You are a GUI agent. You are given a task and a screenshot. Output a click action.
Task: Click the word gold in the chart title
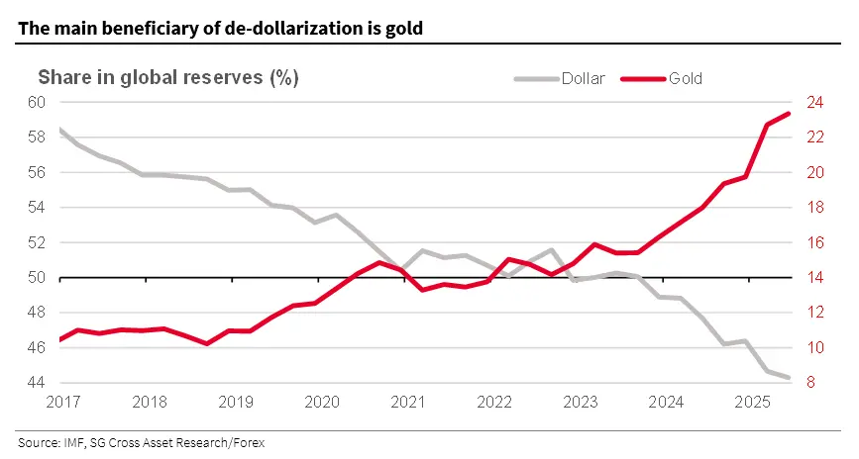coord(405,29)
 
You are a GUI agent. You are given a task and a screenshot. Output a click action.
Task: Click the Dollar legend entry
coord(583,78)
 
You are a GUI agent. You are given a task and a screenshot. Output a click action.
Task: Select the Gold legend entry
coord(686,78)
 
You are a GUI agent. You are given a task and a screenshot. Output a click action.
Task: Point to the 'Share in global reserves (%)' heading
coord(168,77)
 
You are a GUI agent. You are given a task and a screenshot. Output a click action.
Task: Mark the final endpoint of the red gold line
coord(789,113)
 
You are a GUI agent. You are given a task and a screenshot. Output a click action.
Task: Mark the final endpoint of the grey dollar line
coord(789,377)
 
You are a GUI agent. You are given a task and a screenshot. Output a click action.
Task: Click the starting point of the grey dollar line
coord(60,130)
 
